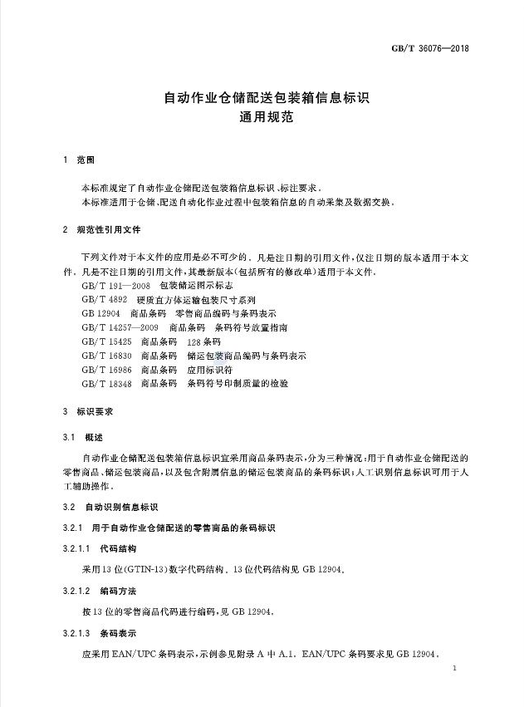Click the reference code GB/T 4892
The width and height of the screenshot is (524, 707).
pos(105,298)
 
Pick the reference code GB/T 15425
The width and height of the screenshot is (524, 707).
pos(107,341)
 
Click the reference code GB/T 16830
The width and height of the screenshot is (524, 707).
pos(107,356)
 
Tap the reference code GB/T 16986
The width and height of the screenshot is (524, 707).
pos(107,370)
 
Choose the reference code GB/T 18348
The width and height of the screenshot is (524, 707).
pos(107,384)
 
